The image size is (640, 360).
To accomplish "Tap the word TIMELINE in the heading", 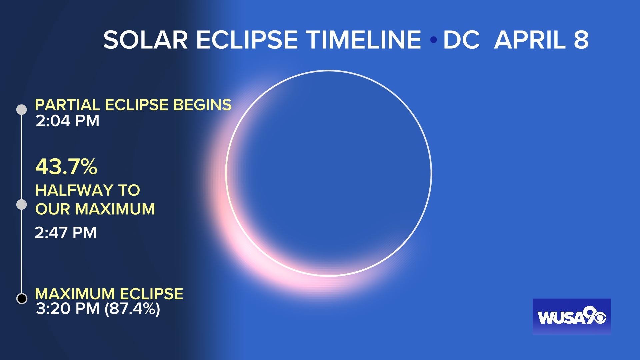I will click(364, 40).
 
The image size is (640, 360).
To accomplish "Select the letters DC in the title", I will click(461, 40).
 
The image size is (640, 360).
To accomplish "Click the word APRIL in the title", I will click(530, 40).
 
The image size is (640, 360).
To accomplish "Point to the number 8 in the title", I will click(581, 40).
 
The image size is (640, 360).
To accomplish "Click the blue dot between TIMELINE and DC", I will click(433, 40).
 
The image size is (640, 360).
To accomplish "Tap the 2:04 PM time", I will click(68, 121).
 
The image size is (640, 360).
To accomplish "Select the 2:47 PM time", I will click(66, 233).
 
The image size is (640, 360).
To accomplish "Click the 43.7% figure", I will click(66, 166).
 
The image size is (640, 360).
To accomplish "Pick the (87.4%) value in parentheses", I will click(132, 309).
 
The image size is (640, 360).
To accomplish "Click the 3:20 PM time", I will click(68, 309).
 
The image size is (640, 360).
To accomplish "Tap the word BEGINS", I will click(202, 105).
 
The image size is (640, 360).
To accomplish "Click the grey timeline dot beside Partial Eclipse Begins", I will click(22, 109).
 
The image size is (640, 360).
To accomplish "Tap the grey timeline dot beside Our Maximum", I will click(22, 204).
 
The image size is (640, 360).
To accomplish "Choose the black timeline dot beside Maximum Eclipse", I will click(22, 298).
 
